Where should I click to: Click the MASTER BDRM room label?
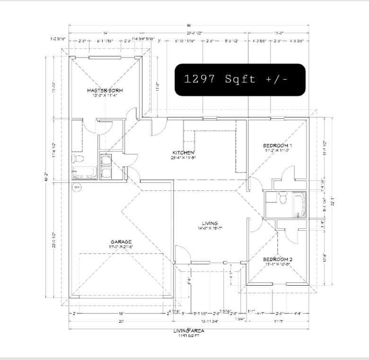tap(105, 90)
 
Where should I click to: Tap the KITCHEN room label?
tap(184, 152)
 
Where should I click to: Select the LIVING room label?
tap(210, 223)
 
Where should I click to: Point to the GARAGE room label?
tap(121, 242)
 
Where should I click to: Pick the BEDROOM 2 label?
tap(278, 259)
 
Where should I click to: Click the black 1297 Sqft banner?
tap(239, 79)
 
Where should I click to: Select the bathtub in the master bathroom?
tap(84, 173)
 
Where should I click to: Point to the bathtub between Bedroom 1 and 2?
tap(299, 205)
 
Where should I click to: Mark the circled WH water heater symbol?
tap(77, 188)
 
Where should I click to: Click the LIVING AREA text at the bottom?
tap(188, 331)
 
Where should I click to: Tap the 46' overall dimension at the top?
tap(188, 25)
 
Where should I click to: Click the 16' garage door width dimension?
tap(121, 313)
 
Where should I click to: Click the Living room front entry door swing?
tap(181, 254)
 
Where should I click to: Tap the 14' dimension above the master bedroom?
tap(105, 33)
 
